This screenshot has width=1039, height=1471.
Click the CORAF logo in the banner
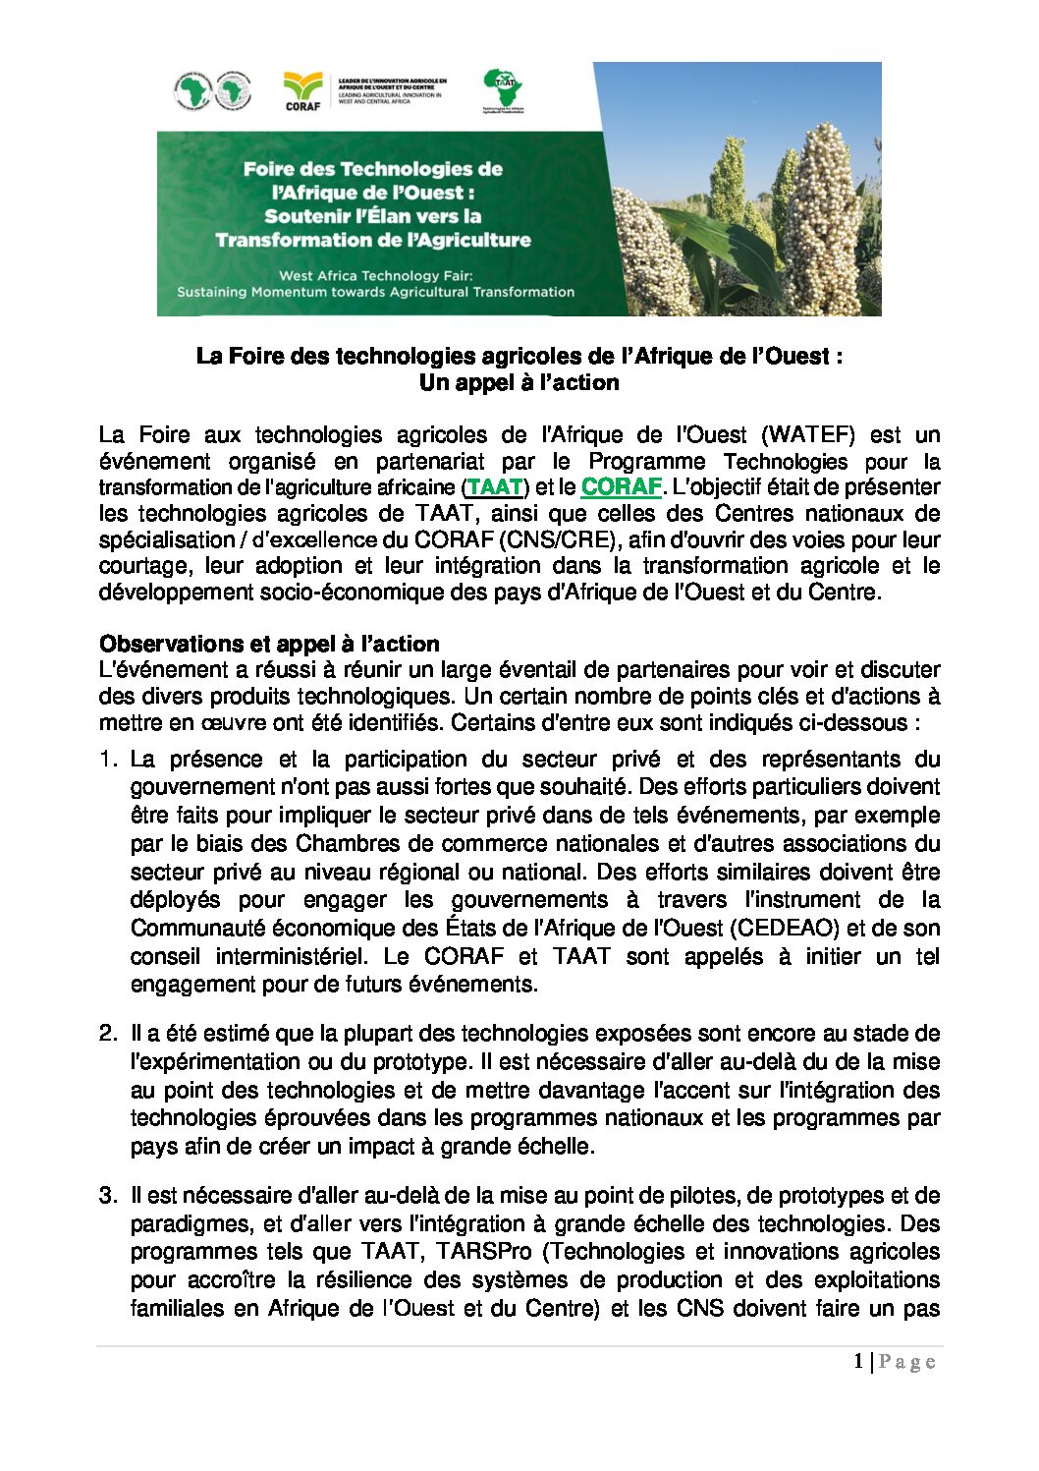[x=302, y=90]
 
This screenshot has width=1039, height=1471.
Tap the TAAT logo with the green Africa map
[x=503, y=89]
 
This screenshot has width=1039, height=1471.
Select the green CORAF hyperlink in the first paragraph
[x=621, y=487]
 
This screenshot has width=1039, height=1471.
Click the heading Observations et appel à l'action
[x=269, y=645]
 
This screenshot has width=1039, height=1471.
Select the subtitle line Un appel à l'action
[x=519, y=383]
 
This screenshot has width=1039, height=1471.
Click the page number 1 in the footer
[x=858, y=1362]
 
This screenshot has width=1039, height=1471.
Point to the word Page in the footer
[x=906, y=1362]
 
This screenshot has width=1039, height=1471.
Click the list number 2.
[x=107, y=1034]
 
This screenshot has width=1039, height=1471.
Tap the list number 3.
[x=107, y=1196]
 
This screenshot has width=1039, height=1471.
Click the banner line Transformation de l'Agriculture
[x=373, y=241]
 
